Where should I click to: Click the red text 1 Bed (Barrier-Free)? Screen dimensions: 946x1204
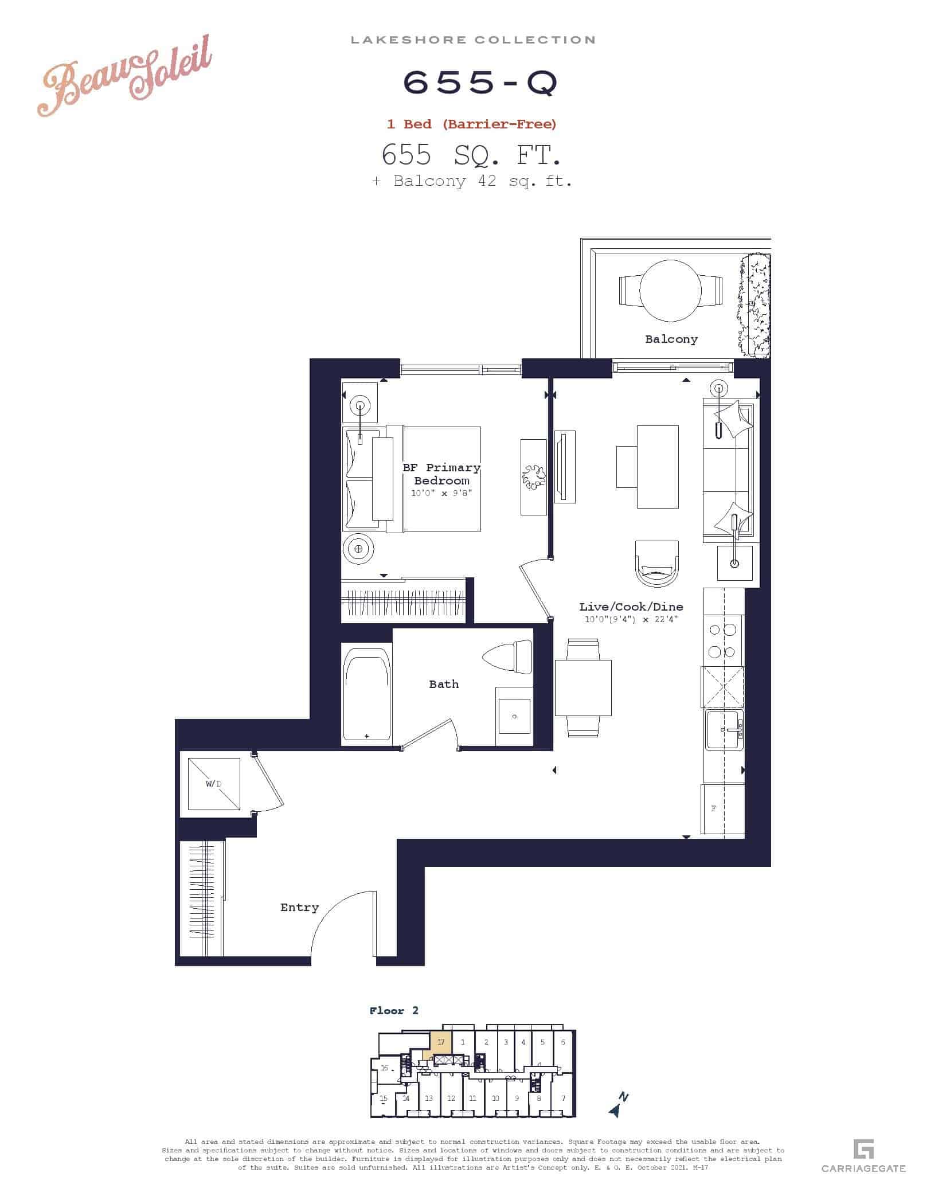point(471,124)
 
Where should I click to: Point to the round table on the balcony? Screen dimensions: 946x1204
point(670,291)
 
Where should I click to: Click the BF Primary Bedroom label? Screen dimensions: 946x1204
point(441,474)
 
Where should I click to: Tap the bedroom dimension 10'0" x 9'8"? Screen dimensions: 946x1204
point(441,493)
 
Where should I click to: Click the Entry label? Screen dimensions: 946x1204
point(299,908)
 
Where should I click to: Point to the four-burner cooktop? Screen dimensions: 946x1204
point(722,640)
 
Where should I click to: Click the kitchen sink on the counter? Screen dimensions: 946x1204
point(724,730)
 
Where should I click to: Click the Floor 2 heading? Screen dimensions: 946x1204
point(394,1011)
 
